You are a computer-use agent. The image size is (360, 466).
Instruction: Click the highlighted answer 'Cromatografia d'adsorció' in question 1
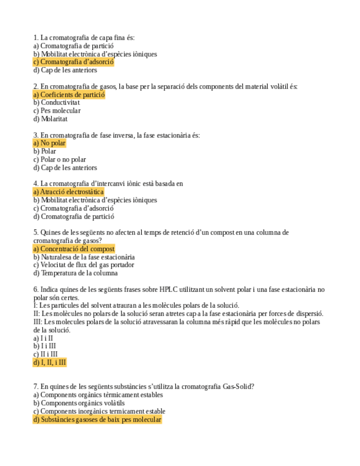coord(74,62)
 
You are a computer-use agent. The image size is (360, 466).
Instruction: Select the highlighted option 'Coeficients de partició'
coord(69,95)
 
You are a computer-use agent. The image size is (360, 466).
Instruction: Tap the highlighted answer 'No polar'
coord(49,143)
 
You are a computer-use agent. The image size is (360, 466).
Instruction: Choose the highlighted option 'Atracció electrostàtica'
coord(69,192)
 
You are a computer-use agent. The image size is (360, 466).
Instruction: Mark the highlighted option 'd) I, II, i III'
coord(49,362)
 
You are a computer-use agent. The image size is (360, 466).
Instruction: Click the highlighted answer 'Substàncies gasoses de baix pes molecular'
coord(97,419)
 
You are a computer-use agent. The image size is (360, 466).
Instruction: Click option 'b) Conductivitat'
coord(57,102)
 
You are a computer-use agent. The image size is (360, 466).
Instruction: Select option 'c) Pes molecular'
coord(57,110)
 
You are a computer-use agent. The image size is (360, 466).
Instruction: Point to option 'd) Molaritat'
coord(51,119)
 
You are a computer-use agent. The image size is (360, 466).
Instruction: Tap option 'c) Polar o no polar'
coord(59,159)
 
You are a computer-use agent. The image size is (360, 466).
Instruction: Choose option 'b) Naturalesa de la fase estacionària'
coord(84,257)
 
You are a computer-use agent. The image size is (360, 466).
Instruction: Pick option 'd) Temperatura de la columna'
coord(75,273)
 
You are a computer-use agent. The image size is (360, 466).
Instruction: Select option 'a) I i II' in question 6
coord(43,338)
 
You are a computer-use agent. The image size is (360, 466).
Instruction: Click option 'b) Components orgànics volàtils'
coord(79,403)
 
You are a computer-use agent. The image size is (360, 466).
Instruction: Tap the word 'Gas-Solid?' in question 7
coord(238,386)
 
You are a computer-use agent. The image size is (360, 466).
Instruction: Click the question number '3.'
coord(36,135)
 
